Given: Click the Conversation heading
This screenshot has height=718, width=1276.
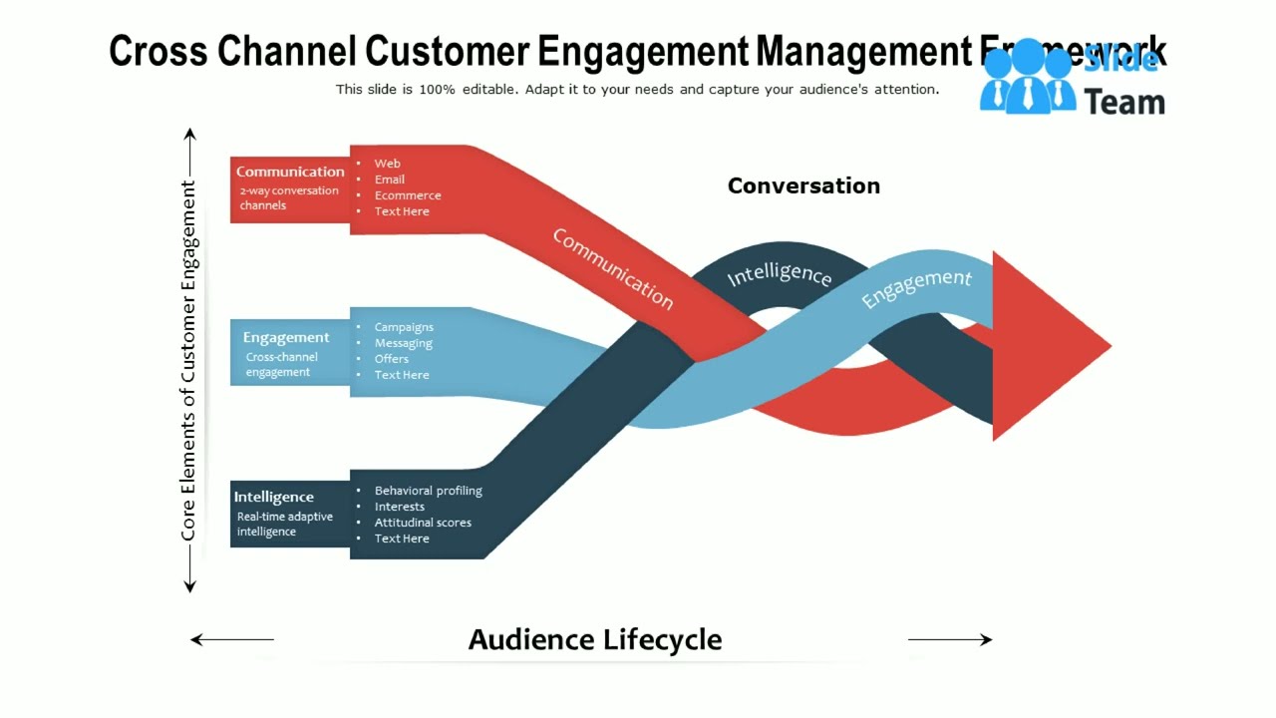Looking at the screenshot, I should point(803,185).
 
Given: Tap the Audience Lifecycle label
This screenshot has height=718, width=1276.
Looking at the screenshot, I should point(594,639).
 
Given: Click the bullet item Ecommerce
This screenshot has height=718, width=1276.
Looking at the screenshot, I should point(407,195).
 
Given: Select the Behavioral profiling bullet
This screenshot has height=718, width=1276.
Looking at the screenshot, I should point(428,491).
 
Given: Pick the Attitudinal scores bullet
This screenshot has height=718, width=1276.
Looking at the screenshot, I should point(423,523).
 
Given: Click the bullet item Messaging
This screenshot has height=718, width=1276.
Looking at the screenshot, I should point(403,343).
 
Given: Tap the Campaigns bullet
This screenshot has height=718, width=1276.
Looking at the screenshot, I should point(404,327).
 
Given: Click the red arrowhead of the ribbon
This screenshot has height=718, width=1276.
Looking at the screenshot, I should point(1047,345).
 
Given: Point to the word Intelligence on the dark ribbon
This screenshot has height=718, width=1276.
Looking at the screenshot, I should point(779,275).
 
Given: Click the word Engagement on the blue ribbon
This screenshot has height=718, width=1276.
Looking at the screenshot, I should point(915,287).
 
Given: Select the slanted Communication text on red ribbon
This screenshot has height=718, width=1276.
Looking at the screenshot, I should point(612,268).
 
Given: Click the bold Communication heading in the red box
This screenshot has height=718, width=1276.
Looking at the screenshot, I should point(290,172).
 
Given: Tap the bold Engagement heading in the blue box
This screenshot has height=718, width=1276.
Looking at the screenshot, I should point(286,337).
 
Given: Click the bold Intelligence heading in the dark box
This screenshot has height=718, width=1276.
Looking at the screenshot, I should point(274,497).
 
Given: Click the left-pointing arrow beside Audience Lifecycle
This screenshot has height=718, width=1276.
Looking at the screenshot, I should point(231,639).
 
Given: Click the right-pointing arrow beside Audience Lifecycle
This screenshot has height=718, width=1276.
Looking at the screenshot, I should point(950,639).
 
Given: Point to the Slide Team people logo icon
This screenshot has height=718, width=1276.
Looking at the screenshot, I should point(1027,80).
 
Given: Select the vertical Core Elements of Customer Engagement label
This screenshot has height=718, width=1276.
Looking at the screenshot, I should point(188,360).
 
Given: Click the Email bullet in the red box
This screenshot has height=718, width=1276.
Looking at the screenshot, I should point(389,179).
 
